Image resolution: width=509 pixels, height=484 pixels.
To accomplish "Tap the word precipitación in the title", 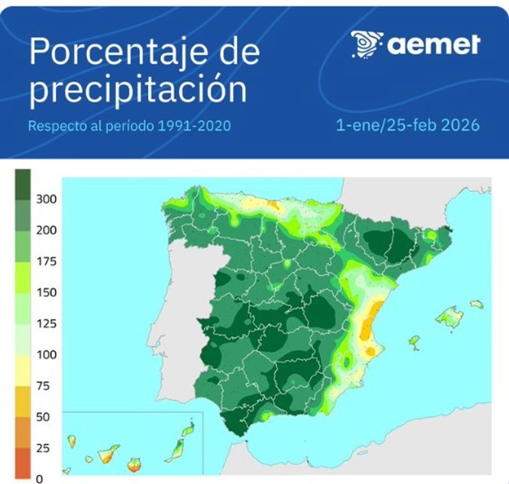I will [x=138, y=90].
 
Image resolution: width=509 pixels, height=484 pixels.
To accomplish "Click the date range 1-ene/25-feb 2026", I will [x=407, y=126].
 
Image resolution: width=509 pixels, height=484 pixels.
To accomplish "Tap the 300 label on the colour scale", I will [x=46, y=199].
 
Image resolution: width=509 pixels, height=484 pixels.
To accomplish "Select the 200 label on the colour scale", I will [x=46, y=230].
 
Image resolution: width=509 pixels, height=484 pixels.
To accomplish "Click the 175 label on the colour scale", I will [x=46, y=262].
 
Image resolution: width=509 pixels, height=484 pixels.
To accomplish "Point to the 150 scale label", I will [x=46, y=293].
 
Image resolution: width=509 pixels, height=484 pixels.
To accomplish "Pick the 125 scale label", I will [x=46, y=324].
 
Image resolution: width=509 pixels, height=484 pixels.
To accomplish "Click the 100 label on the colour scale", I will [x=46, y=355].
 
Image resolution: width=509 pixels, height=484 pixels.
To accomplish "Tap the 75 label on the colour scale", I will [x=44, y=386].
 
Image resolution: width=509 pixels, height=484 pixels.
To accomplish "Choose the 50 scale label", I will [x=44, y=417].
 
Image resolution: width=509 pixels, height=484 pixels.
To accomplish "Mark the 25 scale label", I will [x=44, y=448].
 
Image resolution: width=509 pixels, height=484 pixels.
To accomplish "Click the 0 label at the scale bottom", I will [x=40, y=478].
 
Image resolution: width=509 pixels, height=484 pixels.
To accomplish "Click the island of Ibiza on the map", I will [x=414, y=342].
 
